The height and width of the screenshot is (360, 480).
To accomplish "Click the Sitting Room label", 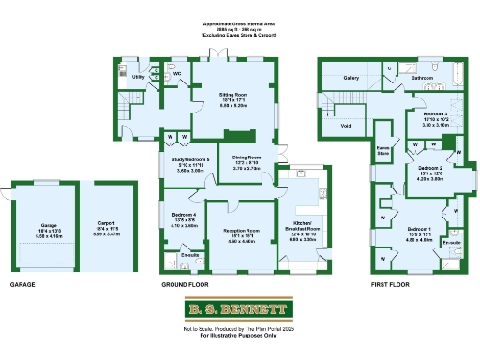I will click(233, 95).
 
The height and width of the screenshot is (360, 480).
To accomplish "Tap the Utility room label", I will click(138, 77).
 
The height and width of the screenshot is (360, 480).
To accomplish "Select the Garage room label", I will click(49, 226).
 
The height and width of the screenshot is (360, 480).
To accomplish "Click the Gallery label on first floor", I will click(352, 78).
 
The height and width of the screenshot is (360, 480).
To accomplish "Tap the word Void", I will click(346, 124).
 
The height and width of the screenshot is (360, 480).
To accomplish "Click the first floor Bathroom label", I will click(423, 78).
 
